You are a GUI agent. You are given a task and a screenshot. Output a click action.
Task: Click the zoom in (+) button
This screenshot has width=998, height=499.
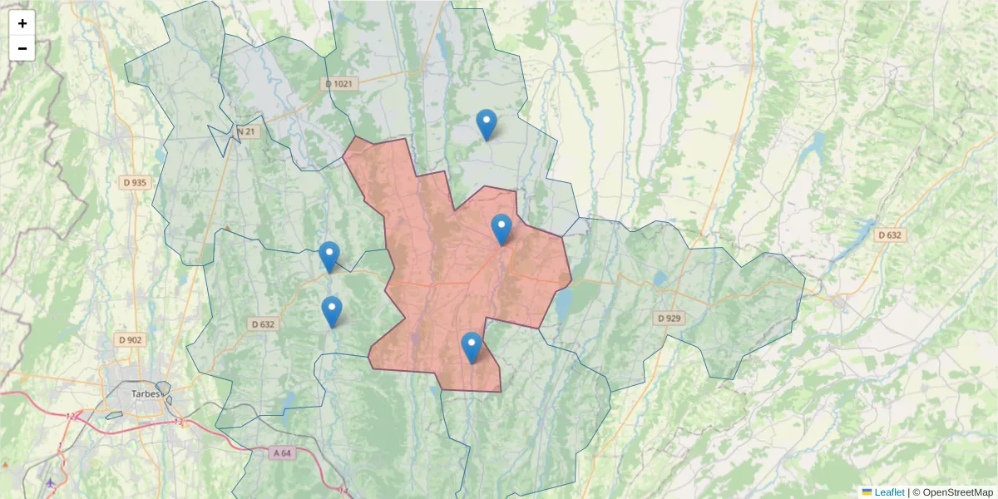tap(22, 23)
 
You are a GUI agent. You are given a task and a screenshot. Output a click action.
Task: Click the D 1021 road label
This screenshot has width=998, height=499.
tap(339, 84)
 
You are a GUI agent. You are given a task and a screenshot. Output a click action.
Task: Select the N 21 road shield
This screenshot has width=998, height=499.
tap(245, 131)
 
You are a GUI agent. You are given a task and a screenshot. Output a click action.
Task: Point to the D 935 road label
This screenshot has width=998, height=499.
tap(134, 182)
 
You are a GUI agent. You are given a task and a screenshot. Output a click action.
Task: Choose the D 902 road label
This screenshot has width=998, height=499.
tap(131, 339)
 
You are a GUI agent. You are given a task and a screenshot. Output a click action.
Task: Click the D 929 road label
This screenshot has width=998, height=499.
tap(669, 319)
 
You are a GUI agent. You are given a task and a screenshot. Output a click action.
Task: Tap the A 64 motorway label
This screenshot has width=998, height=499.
tap(281, 453)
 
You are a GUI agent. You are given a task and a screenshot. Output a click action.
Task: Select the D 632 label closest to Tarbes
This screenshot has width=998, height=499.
tap(262, 324)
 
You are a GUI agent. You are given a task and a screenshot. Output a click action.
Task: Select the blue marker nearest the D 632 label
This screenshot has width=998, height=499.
tap(332, 311)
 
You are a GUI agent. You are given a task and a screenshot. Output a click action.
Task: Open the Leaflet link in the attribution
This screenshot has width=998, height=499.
tap(889, 492)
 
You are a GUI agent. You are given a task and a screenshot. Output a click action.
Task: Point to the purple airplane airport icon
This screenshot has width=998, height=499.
tap(52, 482)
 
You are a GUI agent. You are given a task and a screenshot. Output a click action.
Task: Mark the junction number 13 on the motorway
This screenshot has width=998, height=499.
tap(178, 422)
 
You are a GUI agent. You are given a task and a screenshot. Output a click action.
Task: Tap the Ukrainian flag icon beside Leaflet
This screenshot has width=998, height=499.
tap(867, 492)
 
